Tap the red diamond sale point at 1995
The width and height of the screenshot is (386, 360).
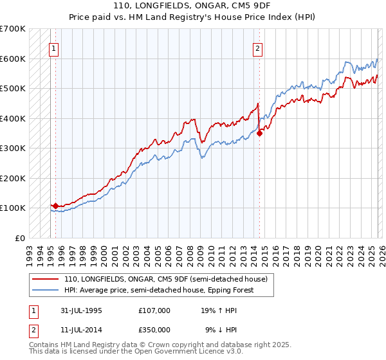56,206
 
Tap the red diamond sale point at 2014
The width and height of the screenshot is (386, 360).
260,134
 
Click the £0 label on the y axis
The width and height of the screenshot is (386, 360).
20,238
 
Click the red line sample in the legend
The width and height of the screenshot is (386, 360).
46,279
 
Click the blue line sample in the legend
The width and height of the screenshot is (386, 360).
46,290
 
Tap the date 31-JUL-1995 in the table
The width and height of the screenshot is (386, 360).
82,310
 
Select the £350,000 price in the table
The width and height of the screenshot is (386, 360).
154,329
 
